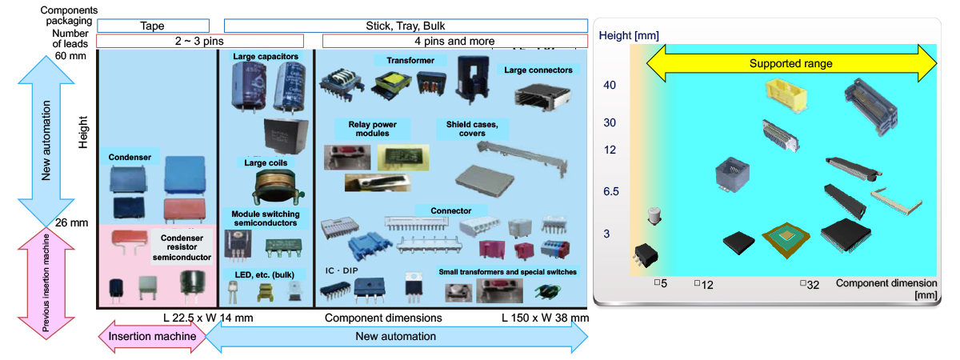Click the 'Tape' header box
tap(153, 26)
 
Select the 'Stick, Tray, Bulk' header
tap(406, 26)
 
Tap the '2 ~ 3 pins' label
tap(199, 41)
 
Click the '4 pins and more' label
tap(454, 41)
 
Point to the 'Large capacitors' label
tap(266, 57)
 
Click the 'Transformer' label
tap(410, 61)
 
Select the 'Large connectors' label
tap(538, 70)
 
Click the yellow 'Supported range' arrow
tap(790, 63)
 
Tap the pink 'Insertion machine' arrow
tap(151, 337)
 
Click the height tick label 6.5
tap(610, 192)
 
